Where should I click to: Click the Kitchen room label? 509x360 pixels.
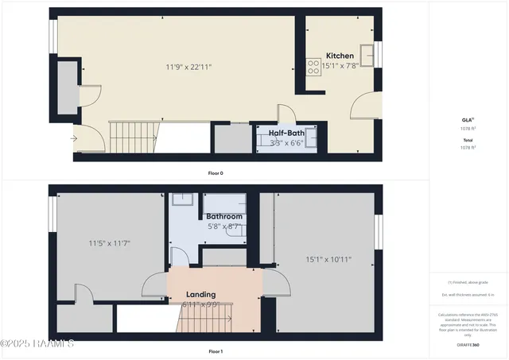tap(340, 56)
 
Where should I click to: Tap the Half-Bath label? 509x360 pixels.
tap(286, 133)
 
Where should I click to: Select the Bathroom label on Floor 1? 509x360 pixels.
tap(224, 216)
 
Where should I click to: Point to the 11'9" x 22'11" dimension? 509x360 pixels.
tap(188, 68)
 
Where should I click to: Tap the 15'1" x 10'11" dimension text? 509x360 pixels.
tap(328, 258)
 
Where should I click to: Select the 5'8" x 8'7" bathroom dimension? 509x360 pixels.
tap(223, 226)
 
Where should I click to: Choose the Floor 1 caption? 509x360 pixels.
tap(215, 350)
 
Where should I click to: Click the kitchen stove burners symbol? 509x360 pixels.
tap(313, 67)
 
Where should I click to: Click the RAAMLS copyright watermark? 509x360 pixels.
tap(37, 343)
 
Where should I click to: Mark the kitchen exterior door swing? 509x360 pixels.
tap(366, 103)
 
